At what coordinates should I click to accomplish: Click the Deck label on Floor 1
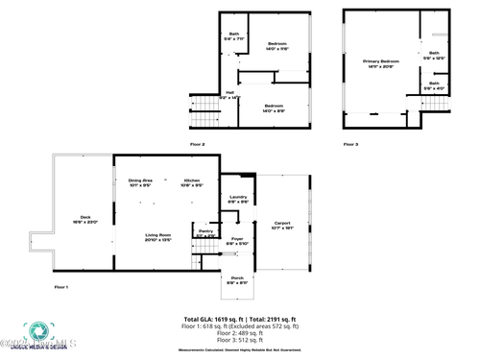[84, 218]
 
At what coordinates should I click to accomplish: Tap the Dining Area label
[140, 182]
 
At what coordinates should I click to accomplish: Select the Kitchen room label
[191, 182]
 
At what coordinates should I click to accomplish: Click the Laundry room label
[238, 199]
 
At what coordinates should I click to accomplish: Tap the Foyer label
[237, 241]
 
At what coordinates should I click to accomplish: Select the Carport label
[281, 224]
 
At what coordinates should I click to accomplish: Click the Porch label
[236, 280]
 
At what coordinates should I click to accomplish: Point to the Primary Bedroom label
[380, 63]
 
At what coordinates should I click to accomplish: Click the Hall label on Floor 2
[230, 95]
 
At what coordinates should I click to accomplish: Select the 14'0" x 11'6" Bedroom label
[276, 46]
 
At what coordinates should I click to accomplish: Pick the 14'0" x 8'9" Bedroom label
[274, 108]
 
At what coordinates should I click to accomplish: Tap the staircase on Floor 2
[204, 108]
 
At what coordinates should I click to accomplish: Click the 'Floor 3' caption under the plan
[350, 144]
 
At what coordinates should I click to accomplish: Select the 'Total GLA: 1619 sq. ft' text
[212, 319]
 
